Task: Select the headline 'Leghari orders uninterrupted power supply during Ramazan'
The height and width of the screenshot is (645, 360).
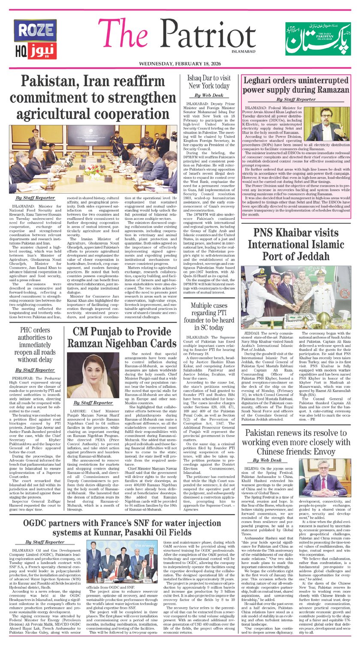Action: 295,85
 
